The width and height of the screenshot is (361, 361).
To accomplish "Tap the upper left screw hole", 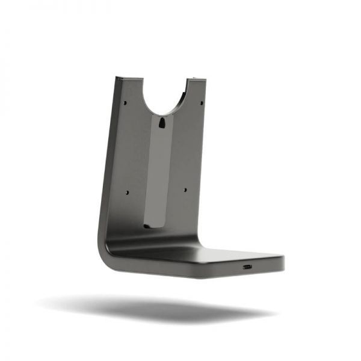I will pyautogui.click(x=126, y=102).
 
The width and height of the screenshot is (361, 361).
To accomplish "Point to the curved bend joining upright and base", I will pyautogui.click(x=108, y=250).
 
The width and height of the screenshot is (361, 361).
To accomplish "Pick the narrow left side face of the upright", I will pyautogui.click(x=108, y=162).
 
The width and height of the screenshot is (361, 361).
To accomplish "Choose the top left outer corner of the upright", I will pyautogui.click(x=117, y=78).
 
